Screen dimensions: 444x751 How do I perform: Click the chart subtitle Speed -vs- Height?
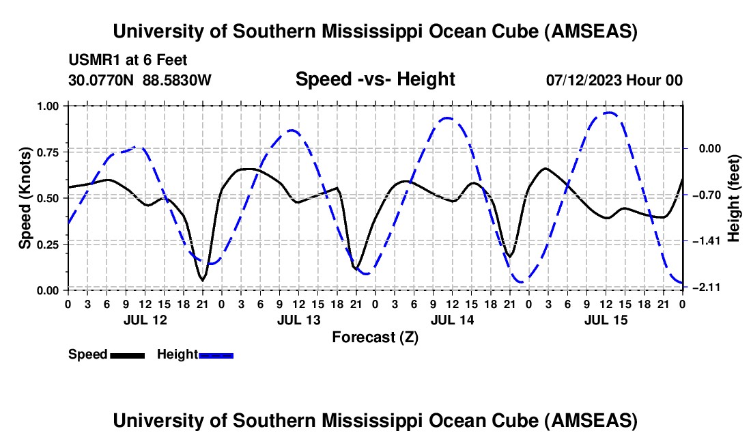[375, 80]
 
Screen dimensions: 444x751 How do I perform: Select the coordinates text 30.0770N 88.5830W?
[140, 81]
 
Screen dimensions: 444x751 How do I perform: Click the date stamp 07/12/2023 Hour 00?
[614, 81]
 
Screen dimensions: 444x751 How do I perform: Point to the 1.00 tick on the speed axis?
[48, 106]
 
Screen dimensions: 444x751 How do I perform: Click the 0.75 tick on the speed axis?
[48, 152]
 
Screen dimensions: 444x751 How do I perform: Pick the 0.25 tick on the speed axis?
[48, 244]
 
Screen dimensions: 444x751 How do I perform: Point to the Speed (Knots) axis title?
[25, 198]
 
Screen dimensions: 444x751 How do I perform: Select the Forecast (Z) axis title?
[375, 337]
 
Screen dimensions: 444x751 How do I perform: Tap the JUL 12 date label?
[144, 320]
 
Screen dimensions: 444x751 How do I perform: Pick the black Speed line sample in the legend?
[126, 355]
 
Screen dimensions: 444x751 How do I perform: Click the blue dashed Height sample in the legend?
[216, 355]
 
